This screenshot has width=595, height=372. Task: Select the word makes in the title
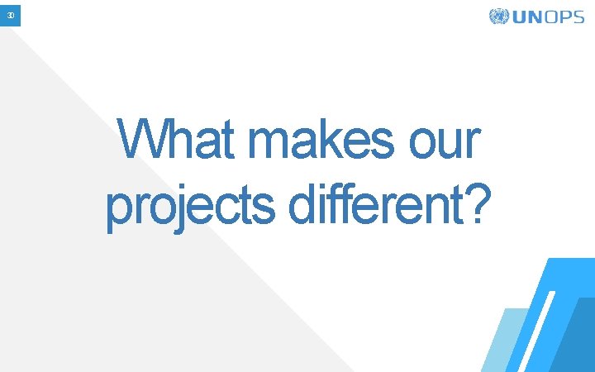322,141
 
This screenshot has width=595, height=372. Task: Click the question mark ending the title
474,203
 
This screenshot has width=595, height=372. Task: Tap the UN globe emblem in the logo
499,17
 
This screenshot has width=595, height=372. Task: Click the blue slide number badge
10,15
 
